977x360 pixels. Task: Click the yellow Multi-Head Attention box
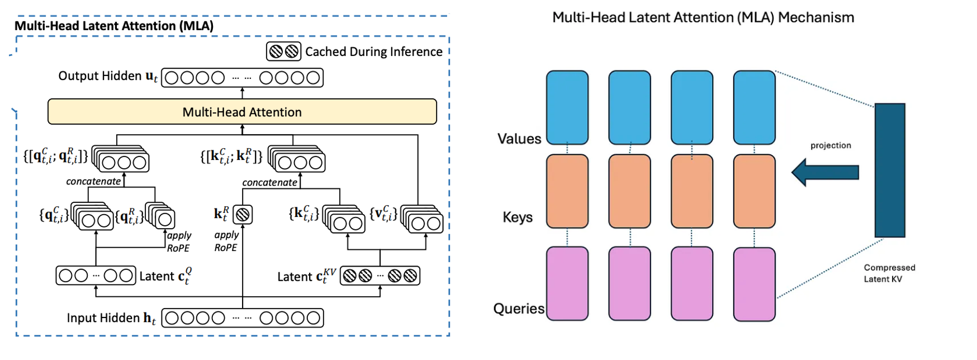242,112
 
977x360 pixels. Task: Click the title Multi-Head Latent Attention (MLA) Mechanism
703,18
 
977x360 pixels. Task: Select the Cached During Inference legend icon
283,51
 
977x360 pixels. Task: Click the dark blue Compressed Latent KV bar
889,170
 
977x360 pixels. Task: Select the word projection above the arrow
831,145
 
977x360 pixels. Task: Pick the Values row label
519,139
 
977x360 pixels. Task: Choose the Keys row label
518,217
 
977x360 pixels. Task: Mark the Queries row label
519,309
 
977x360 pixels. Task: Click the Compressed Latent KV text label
889,273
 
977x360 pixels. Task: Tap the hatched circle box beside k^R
243,214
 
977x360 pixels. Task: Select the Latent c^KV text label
307,276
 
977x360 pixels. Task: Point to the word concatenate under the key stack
269,183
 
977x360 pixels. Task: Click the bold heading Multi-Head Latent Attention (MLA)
114,26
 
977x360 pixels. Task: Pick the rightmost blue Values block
754,107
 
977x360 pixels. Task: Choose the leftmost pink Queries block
567,283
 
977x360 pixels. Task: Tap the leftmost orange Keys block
567,191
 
